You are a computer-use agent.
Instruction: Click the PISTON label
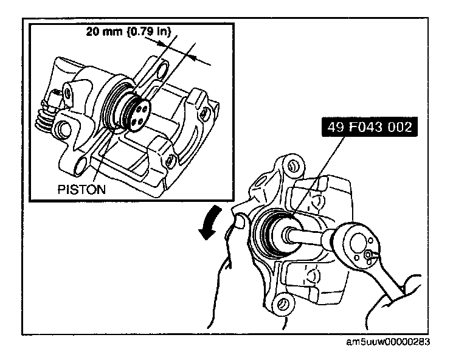(x=81, y=189)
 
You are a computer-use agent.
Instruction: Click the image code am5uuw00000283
(x=387, y=342)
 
